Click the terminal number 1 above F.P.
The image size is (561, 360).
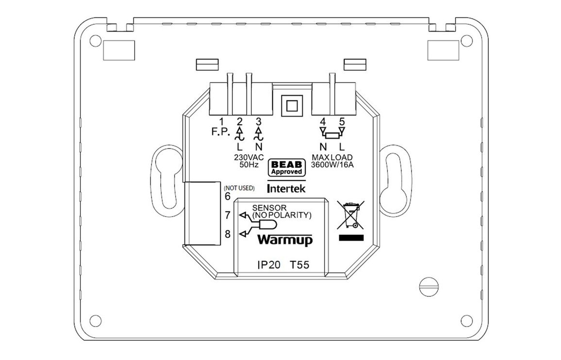pyautogui.click(x=221, y=121)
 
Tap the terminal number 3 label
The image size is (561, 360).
pyautogui.click(x=258, y=121)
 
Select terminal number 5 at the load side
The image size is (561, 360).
pyautogui.click(x=342, y=121)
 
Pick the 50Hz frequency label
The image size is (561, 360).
pyautogui.click(x=248, y=165)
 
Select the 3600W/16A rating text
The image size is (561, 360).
pyautogui.click(x=332, y=165)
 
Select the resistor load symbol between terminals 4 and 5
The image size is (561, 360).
pyautogui.click(x=332, y=135)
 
